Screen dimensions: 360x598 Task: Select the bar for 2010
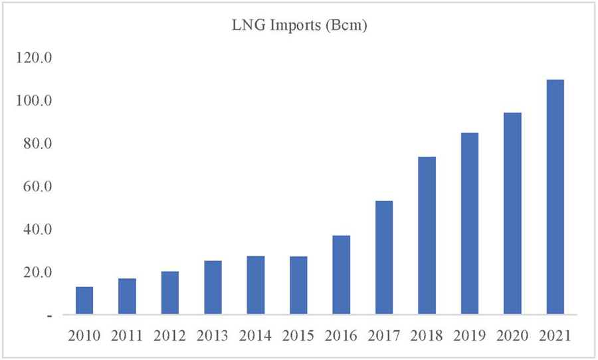(x=84, y=300)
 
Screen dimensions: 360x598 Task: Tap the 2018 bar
(x=427, y=235)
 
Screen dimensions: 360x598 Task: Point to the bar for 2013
(x=213, y=287)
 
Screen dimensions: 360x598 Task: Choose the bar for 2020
(x=512, y=213)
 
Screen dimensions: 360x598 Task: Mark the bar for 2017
(x=384, y=257)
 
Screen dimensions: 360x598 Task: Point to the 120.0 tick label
(x=35, y=58)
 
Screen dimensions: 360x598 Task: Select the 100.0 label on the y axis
(x=35, y=101)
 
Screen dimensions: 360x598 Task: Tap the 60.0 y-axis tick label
(x=37, y=187)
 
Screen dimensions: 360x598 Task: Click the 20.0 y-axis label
(x=37, y=272)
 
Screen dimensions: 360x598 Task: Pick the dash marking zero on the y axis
(x=49, y=316)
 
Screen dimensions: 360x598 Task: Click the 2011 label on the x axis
(x=127, y=335)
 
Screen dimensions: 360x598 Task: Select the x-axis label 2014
(x=255, y=335)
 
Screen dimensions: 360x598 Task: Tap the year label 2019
(x=469, y=335)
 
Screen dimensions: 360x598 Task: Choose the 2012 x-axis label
(x=170, y=335)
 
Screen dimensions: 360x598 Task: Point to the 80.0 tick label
(x=37, y=144)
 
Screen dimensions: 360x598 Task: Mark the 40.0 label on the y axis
(x=37, y=230)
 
